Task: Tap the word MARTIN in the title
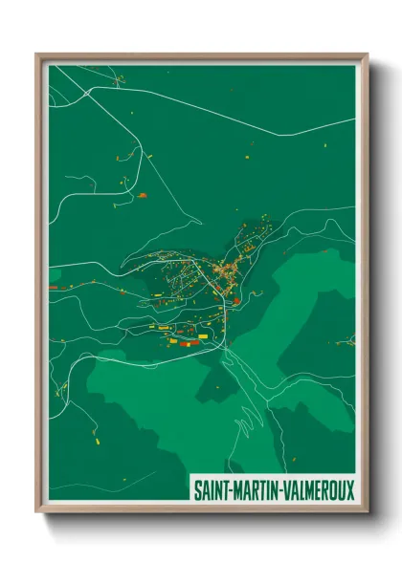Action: (x=257, y=490)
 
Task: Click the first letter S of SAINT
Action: (x=197, y=490)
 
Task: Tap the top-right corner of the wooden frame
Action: (x=367, y=54)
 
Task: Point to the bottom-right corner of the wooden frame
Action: (x=367, y=513)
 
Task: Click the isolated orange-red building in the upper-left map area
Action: (x=143, y=195)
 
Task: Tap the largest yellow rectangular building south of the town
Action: (x=175, y=339)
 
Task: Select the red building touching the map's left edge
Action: (x=54, y=285)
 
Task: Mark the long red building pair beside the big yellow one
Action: (x=190, y=342)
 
